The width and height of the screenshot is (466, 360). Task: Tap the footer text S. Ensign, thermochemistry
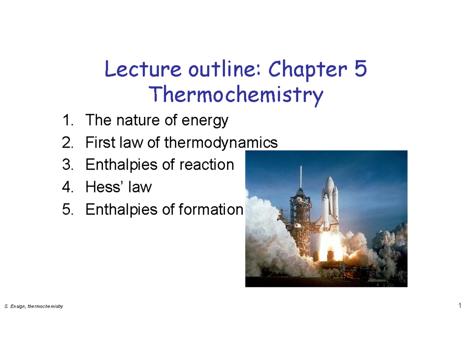[33, 307]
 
